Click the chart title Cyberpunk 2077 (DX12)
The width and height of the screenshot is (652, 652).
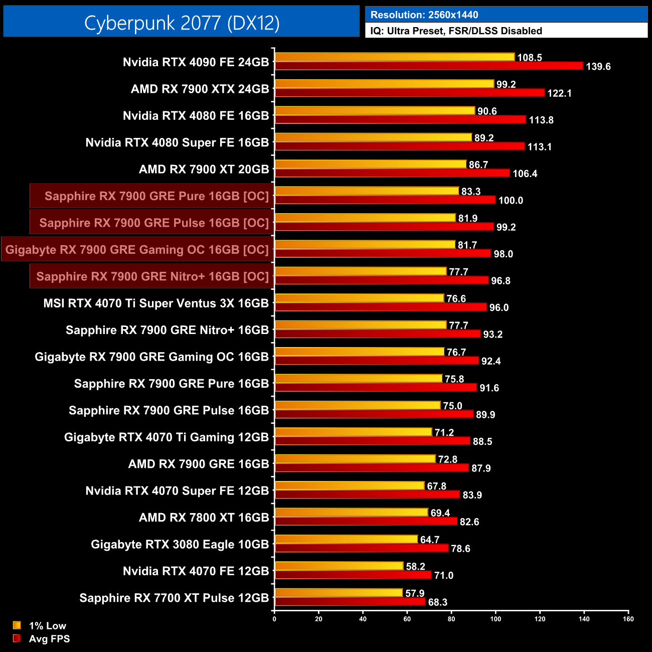coord(182,23)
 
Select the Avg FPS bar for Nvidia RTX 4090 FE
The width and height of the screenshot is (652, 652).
coord(429,66)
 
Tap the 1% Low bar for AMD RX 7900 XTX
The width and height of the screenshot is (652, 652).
coord(384,84)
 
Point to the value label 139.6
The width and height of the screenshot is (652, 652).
coord(598,67)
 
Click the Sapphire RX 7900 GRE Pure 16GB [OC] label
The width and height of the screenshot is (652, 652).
coord(156,196)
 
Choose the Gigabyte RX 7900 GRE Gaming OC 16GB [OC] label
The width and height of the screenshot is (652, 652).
coord(137,250)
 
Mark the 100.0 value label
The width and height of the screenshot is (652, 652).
coord(511,201)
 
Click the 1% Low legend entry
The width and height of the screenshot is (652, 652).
coord(47,625)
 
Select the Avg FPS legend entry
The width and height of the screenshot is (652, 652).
coord(49,639)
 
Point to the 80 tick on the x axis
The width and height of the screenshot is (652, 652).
coord(451,619)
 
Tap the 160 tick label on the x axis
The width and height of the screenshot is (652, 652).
coord(628,619)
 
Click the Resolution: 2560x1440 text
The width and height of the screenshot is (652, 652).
coord(424,15)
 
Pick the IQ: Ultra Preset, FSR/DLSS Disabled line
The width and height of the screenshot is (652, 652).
coord(456,31)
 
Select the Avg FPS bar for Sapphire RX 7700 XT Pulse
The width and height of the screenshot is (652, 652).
coord(350,601)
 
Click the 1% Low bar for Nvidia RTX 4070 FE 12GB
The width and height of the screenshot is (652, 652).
coord(339,566)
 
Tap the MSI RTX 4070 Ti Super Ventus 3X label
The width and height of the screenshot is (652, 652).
coord(156,303)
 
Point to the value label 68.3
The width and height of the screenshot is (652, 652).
coord(437,602)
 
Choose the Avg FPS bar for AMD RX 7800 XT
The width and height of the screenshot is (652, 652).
coord(366,521)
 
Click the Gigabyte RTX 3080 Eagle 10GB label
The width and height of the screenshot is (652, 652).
coord(180,544)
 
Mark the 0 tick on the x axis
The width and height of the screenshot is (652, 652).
coord(274,619)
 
